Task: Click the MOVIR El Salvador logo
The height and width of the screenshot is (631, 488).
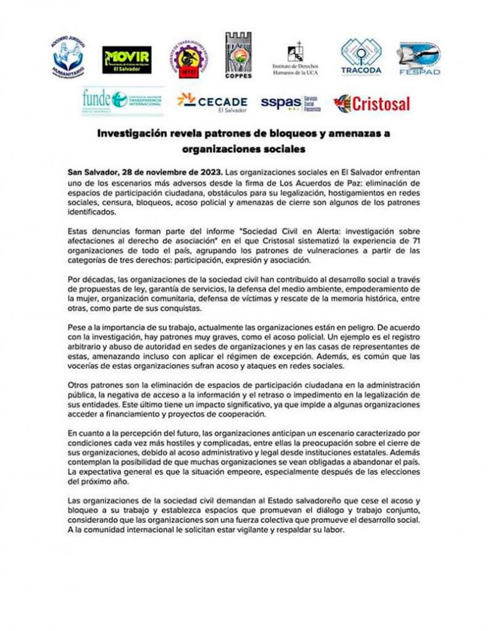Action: pos(126,60)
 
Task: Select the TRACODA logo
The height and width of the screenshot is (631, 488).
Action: pos(362,57)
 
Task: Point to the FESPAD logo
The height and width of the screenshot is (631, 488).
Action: pos(420,60)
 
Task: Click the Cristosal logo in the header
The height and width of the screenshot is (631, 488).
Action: pos(371,103)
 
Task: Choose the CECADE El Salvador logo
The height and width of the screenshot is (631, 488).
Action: pos(212,102)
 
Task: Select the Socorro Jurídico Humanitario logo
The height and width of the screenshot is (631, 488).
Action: pos(68,60)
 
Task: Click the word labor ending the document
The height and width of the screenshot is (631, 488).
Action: pos(336,529)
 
